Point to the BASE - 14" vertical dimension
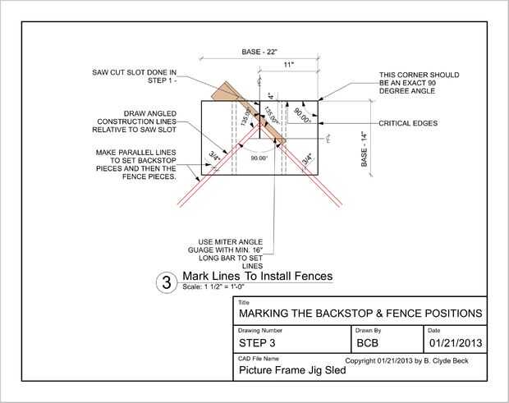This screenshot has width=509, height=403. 363,149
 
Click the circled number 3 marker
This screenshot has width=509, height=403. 167,283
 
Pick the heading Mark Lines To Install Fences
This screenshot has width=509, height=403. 257,277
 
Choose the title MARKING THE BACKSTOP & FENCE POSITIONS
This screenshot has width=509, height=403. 360,314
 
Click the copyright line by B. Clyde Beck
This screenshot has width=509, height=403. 415,360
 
